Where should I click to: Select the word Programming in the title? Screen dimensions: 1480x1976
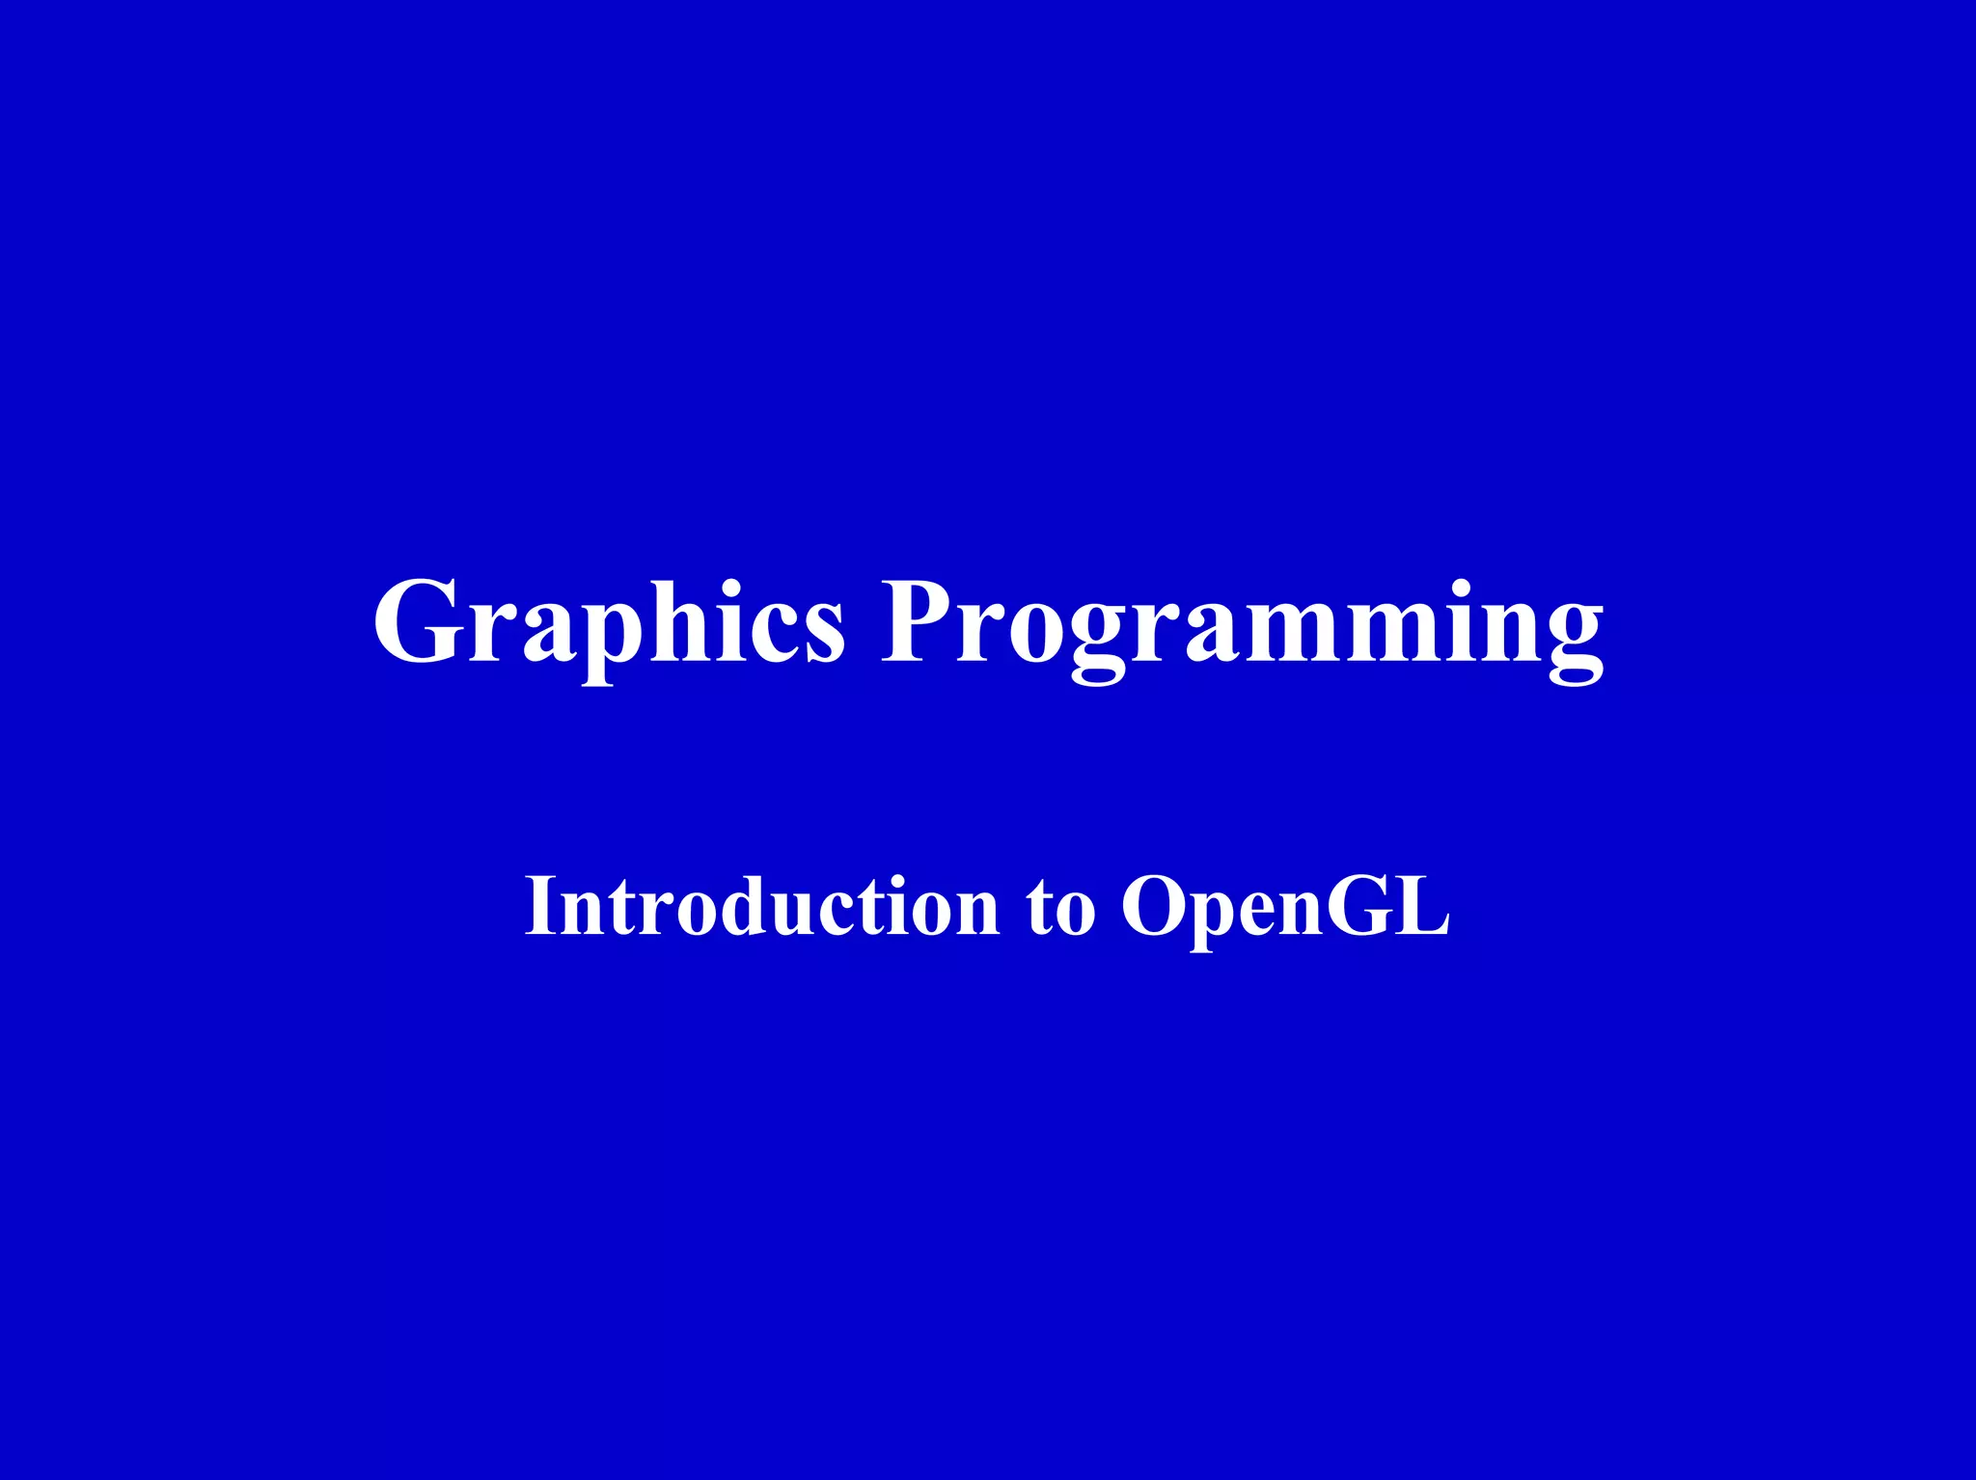coord(1243,622)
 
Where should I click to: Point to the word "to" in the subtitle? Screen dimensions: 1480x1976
coord(1060,907)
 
